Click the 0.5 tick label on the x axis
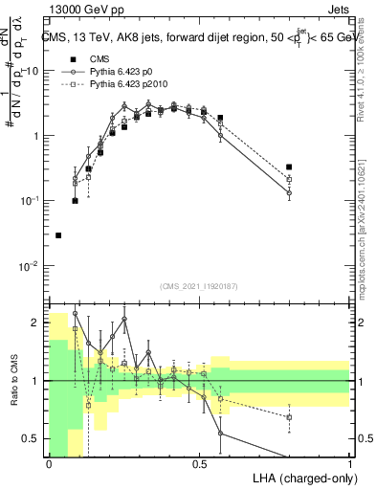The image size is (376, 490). pos(200,463)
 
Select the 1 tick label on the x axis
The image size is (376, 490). pos(350,463)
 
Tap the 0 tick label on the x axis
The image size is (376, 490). pos(49,463)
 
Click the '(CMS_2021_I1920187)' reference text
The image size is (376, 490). pos(200,286)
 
